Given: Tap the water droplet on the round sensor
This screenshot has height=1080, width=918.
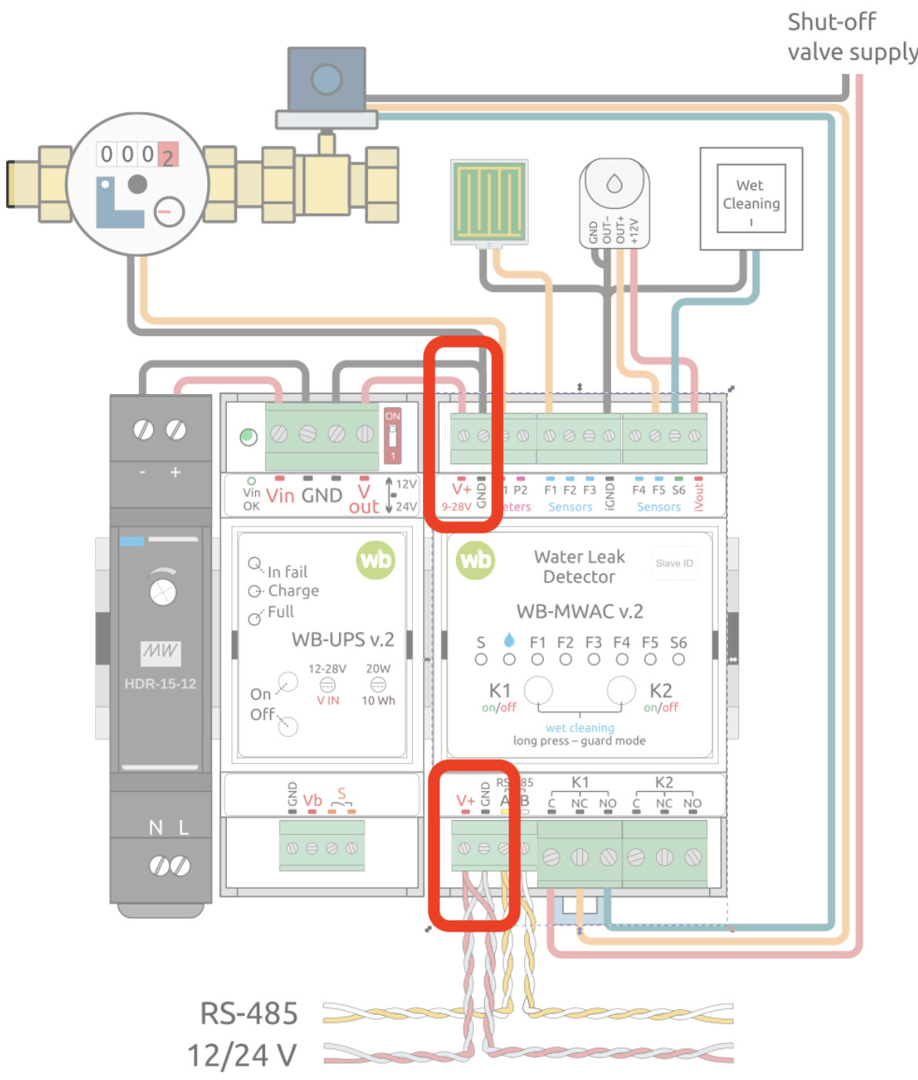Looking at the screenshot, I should pyautogui.click(x=614, y=184).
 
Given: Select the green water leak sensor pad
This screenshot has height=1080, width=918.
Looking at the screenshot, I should pyautogui.click(x=489, y=202).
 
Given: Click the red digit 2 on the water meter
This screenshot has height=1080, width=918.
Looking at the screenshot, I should pyautogui.click(x=168, y=155).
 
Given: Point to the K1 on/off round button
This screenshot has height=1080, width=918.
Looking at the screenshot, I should pyautogui.click(x=537, y=691).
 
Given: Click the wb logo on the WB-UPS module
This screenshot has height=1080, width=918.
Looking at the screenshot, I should pyautogui.click(x=376, y=560).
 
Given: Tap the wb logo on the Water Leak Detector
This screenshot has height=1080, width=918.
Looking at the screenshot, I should pyautogui.click(x=475, y=560).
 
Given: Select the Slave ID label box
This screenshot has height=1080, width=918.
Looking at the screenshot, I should pyautogui.click(x=674, y=563).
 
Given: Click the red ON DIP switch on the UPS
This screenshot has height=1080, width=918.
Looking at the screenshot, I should pyautogui.click(x=392, y=436).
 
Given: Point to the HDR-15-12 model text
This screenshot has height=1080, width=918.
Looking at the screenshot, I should pyautogui.click(x=160, y=684).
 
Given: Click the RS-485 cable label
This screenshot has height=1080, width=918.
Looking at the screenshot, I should pyautogui.click(x=249, y=1013).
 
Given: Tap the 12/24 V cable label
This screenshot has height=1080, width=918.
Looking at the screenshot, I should pyautogui.click(x=242, y=1055).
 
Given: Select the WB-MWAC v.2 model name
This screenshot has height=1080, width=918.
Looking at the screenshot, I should pyautogui.click(x=579, y=611).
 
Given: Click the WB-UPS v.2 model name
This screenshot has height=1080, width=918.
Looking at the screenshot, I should pyautogui.click(x=343, y=640).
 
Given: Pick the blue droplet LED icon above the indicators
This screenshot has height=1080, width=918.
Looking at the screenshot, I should pyautogui.click(x=509, y=639).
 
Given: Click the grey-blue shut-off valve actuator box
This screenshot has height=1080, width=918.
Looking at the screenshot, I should pyautogui.click(x=326, y=79).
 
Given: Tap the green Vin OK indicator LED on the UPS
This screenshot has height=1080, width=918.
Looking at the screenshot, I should pyautogui.click(x=249, y=436).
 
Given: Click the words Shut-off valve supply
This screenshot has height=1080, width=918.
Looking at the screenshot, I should pyautogui.click(x=851, y=37).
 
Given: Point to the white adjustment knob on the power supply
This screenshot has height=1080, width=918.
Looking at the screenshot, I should pyautogui.click(x=162, y=591).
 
